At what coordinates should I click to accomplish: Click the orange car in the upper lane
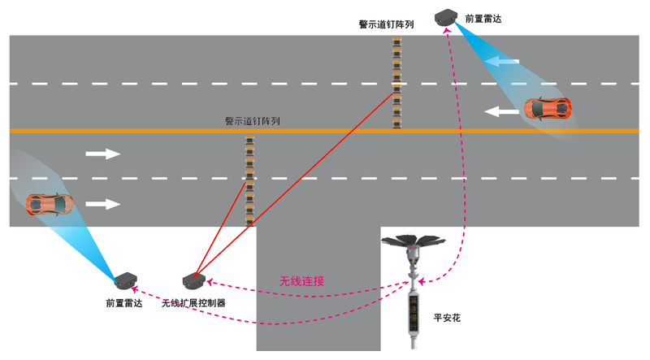(x=547, y=109)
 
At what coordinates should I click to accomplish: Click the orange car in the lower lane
(x=50, y=204)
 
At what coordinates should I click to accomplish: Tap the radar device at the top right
(x=445, y=17)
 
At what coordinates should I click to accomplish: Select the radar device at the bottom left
(x=126, y=280)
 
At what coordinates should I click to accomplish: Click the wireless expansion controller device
(x=194, y=281)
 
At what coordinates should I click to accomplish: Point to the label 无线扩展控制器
(x=193, y=303)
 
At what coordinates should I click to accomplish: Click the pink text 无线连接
(x=301, y=281)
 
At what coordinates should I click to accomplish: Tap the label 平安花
(x=447, y=318)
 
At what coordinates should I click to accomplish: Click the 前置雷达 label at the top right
(x=483, y=19)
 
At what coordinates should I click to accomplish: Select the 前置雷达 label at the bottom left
(x=124, y=303)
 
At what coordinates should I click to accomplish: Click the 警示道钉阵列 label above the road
(x=386, y=24)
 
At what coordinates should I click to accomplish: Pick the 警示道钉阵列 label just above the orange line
(x=252, y=121)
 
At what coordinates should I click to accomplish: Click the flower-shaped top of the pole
(x=413, y=241)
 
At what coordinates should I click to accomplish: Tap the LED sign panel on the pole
(x=414, y=314)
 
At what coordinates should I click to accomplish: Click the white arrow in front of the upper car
(x=501, y=111)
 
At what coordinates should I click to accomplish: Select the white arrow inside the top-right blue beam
(x=501, y=62)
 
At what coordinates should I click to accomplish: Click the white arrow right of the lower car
(x=103, y=204)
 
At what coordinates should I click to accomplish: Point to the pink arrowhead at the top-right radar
(x=448, y=31)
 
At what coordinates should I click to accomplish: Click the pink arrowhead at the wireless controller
(x=210, y=282)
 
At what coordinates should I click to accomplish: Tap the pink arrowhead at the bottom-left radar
(x=134, y=289)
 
